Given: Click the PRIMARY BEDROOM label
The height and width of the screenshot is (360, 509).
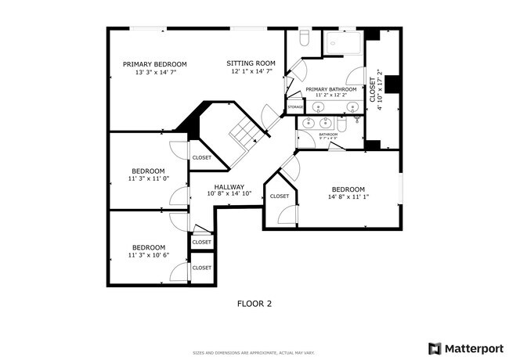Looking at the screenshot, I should pos(154,64).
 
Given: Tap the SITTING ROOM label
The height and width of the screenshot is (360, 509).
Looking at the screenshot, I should pos(251,63).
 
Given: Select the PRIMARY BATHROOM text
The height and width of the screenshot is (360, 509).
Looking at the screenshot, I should pos(330,90).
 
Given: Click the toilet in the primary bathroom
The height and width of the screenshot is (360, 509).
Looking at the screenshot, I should pos(305,39).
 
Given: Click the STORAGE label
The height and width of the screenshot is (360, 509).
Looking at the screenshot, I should pos(295,107).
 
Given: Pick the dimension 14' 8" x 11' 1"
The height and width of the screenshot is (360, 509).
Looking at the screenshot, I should pos(348,197).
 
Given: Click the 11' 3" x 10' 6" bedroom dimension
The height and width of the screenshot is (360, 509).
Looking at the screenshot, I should pos(148,254).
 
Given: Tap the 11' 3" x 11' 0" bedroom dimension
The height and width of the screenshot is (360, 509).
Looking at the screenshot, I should pos(148,178).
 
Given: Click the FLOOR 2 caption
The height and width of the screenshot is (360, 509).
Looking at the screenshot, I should pos(254,302).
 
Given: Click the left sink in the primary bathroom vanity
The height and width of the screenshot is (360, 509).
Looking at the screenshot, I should pos(309,123).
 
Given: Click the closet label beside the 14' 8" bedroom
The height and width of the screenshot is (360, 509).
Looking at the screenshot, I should pos(280,196).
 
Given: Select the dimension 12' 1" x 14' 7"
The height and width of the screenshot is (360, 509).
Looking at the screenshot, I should pos(251,71).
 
